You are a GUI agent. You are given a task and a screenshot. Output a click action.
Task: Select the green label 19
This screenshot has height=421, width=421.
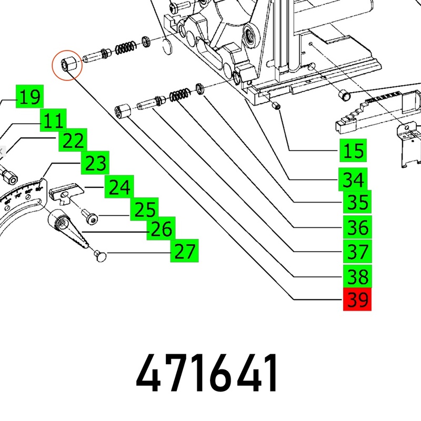[x=29, y=97]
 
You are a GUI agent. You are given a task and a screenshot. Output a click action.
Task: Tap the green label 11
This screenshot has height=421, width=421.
[x=53, y=122]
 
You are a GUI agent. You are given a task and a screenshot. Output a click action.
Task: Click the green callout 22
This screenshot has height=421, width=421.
[x=72, y=141]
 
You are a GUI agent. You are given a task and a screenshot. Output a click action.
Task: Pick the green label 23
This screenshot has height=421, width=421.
[x=95, y=164]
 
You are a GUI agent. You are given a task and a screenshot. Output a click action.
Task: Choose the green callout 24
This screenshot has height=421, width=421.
[x=119, y=187]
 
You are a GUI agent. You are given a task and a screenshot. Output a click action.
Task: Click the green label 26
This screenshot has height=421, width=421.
[x=161, y=228]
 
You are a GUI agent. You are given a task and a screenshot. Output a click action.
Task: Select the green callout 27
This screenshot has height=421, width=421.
[x=184, y=252]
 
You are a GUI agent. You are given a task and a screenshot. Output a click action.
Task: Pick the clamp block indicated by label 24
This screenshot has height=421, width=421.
[x=67, y=189]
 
